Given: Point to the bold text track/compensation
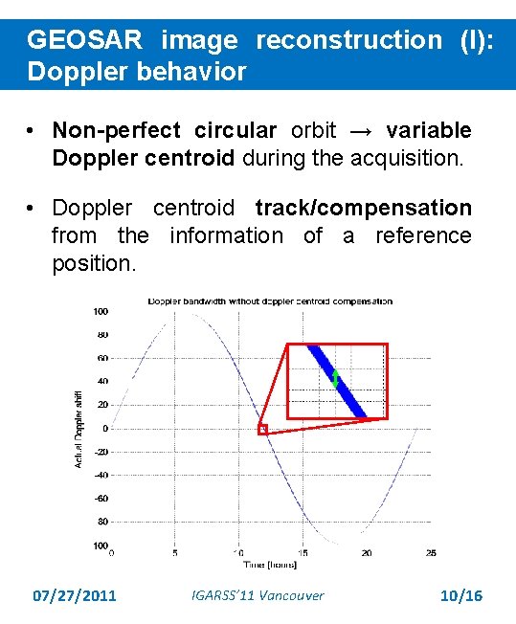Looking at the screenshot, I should [x=364, y=208].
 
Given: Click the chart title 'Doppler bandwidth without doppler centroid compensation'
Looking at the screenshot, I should [x=270, y=301].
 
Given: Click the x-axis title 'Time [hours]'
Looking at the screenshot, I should [x=269, y=566].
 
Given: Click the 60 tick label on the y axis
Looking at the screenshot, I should [x=101, y=358].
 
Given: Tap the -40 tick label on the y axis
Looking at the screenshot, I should [x=100, y=475].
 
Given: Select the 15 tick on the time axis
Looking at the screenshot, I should [x=303, y=553].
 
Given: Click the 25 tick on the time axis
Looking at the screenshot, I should [x=431, y=553].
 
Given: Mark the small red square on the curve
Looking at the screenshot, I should [x=262, y=430].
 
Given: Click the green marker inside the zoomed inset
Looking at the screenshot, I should [x=335, y=377].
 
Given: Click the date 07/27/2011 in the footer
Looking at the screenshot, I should [x=75, y=596].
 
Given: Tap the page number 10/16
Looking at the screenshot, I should [x=460, y=596].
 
